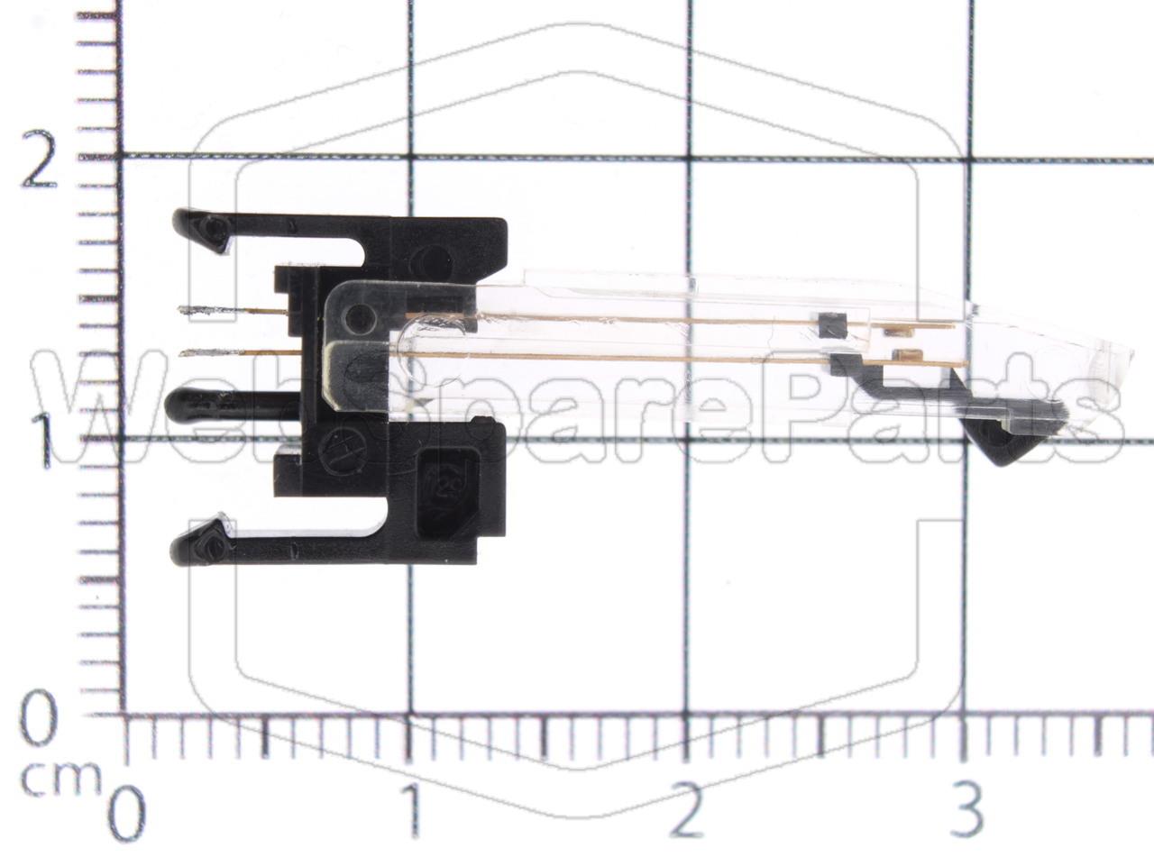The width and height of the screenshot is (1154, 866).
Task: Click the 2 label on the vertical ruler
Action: (40, 160)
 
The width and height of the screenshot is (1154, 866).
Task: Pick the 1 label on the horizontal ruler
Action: (412, 810)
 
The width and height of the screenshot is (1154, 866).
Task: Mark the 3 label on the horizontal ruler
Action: (966, 810)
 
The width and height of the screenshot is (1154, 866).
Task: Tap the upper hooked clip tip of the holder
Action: (213, 229)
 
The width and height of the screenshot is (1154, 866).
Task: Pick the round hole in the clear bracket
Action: (360, 317)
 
